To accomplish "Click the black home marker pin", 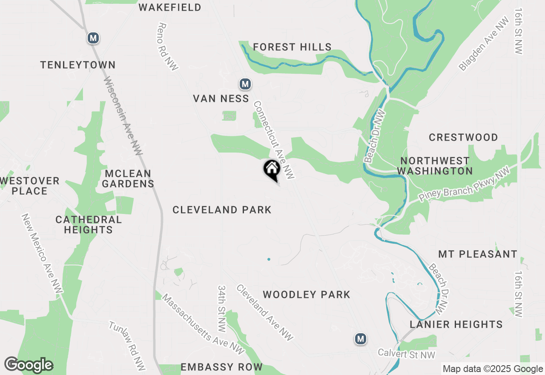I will (272, 170).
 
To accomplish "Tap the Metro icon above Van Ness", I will (245, 84).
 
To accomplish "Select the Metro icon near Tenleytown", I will (93, 38).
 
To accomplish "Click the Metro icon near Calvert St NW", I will (361, 339).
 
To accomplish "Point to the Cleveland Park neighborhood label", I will (222, 210).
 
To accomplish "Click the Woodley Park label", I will (307, 294).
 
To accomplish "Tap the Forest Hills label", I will (292, 47).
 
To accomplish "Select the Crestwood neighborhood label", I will (463, 138).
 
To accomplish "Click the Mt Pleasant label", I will (478, 254).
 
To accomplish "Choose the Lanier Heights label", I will (456, 325).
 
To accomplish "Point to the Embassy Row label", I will (221, 367).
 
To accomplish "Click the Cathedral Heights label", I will (89, 225).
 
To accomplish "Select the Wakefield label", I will (170, 8).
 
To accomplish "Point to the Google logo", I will (29, 365).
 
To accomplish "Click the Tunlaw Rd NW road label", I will (127, 345).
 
